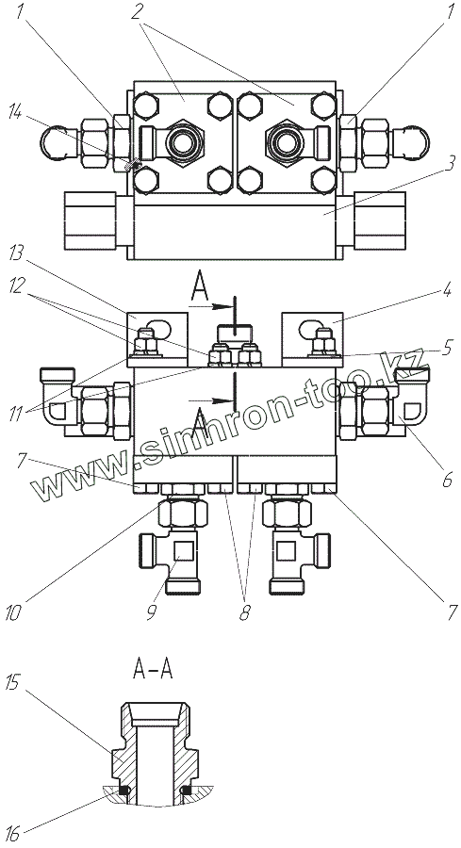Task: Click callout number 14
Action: (17, 113)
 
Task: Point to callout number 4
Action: (447, 290)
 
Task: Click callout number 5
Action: (447, 349)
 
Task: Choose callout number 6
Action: (447, 480)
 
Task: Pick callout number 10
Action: (13, 612)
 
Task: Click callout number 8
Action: (245, 612)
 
